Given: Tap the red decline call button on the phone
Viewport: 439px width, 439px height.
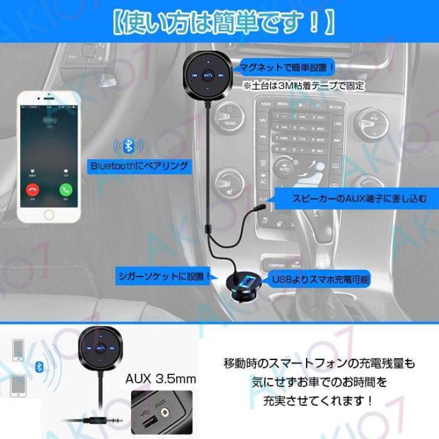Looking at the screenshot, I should [32, 190].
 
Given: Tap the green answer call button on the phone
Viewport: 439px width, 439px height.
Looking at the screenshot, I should [67, 190].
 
